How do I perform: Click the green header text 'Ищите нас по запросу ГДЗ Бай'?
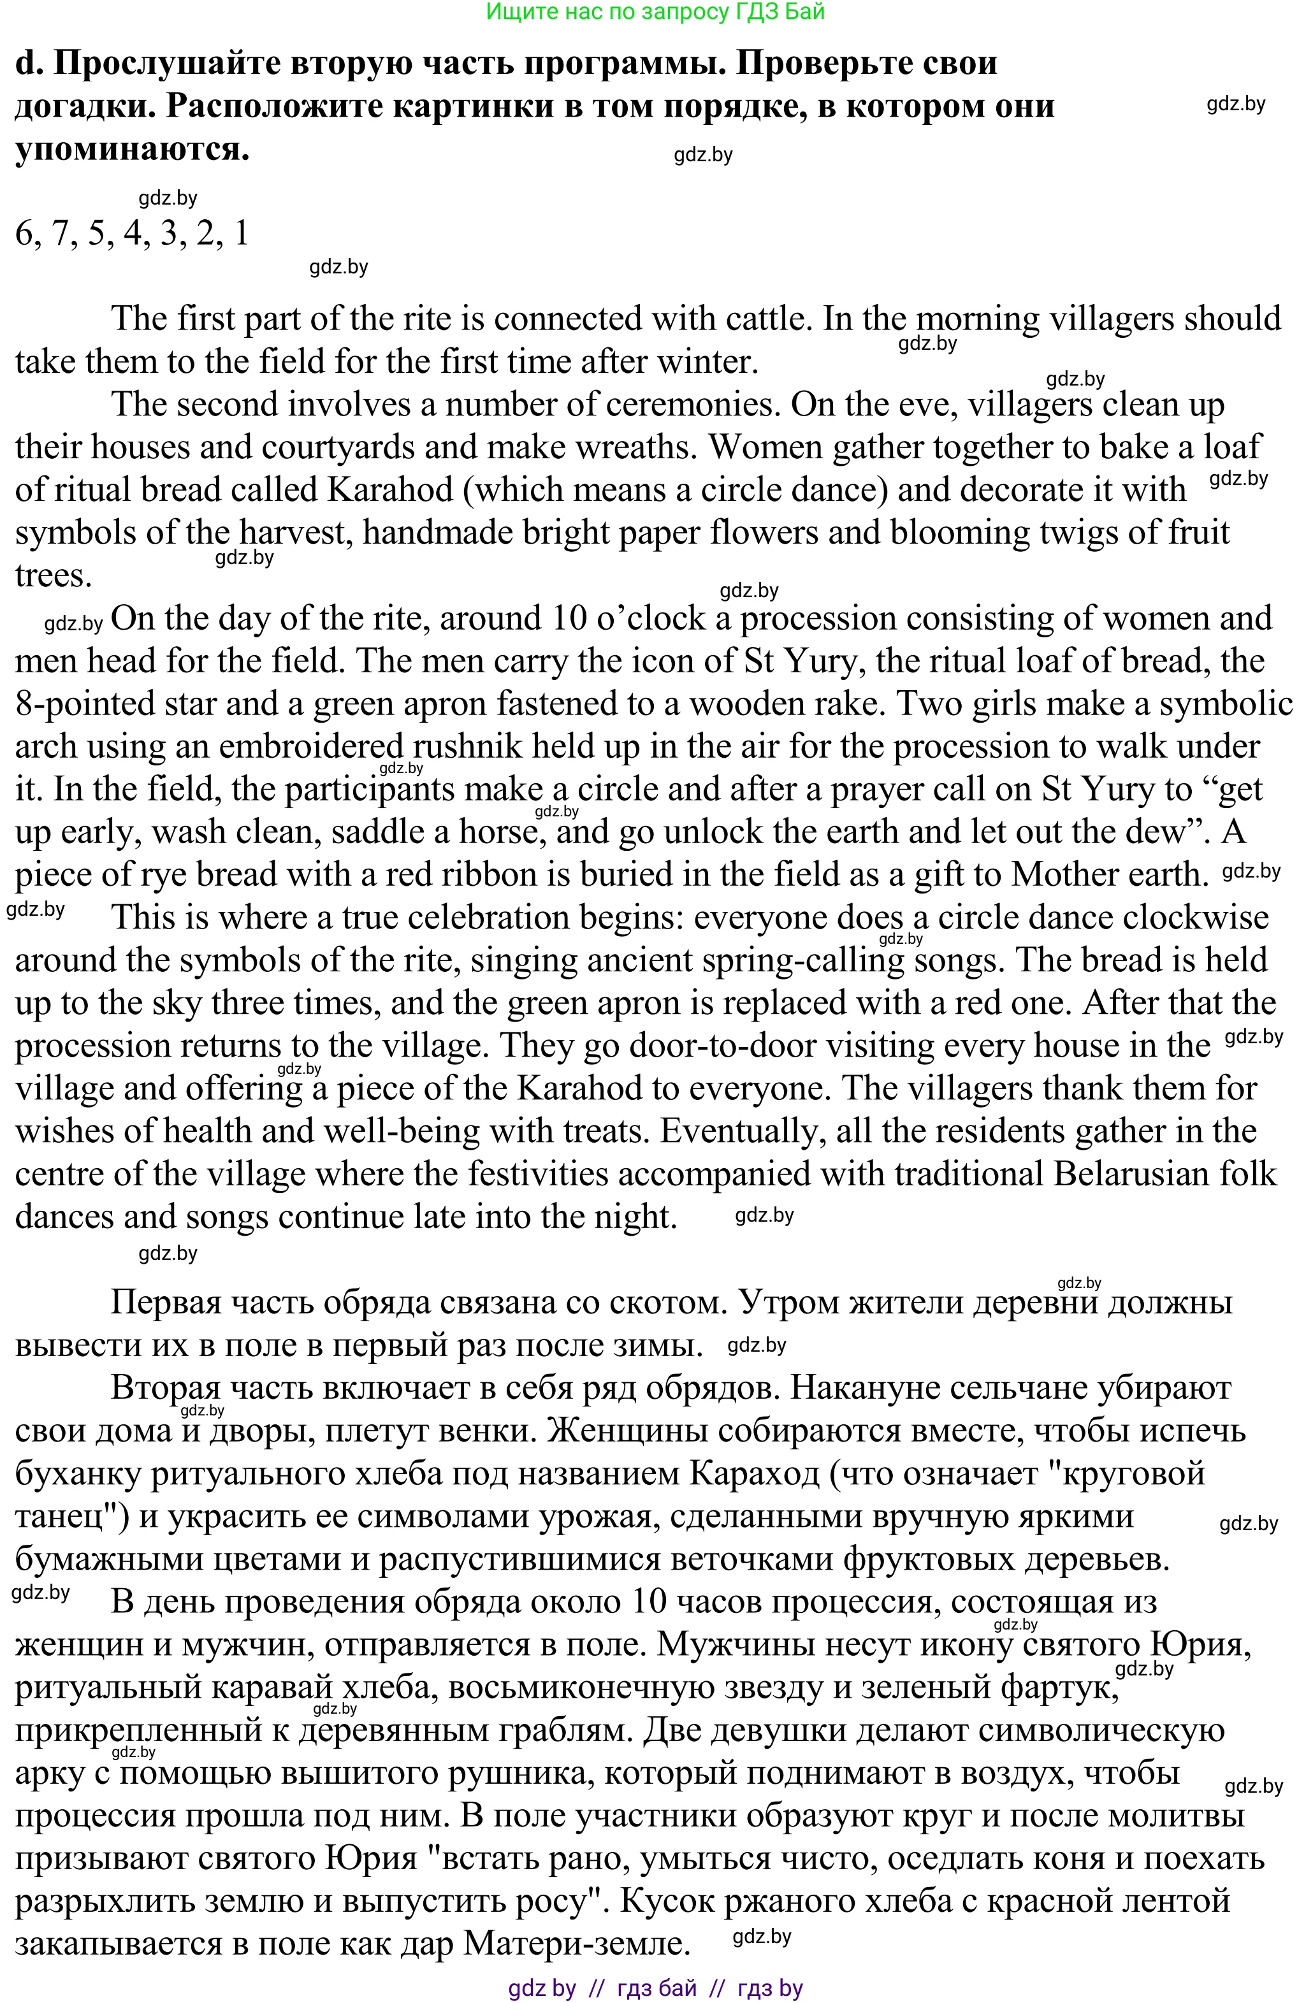click(x=656, y=11)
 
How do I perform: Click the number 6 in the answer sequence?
click(x=24, y=233)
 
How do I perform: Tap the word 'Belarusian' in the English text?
click(x=1142, y=1174)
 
